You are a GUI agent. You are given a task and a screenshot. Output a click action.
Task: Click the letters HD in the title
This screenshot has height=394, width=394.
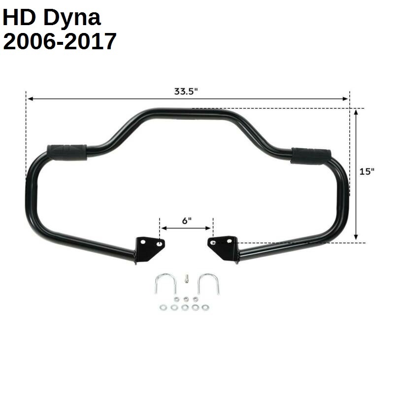pyautogui.click(x=20, y=18)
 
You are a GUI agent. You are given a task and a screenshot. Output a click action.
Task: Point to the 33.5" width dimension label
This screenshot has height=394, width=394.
pyautogui.click(x=186, y=91)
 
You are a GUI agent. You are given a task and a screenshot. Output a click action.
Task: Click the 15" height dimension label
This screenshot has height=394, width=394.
pyautogui.click(x=366, y=171)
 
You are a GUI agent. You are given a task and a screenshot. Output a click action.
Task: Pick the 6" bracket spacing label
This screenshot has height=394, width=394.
pyautogui.click(x=186, y=221)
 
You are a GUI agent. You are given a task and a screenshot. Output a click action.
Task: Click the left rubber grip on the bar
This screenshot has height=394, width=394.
pyautogui.click(x=66, y=151)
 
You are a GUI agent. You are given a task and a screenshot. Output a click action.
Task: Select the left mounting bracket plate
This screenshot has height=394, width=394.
pyautogui.click(x=147, y=247)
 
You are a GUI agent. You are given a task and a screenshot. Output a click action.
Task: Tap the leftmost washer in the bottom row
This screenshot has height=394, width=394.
pyautogui.click(x=162, y=307)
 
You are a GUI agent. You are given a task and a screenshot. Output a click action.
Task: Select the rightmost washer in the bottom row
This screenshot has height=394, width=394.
pyautogui.click(x=205, y=307)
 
